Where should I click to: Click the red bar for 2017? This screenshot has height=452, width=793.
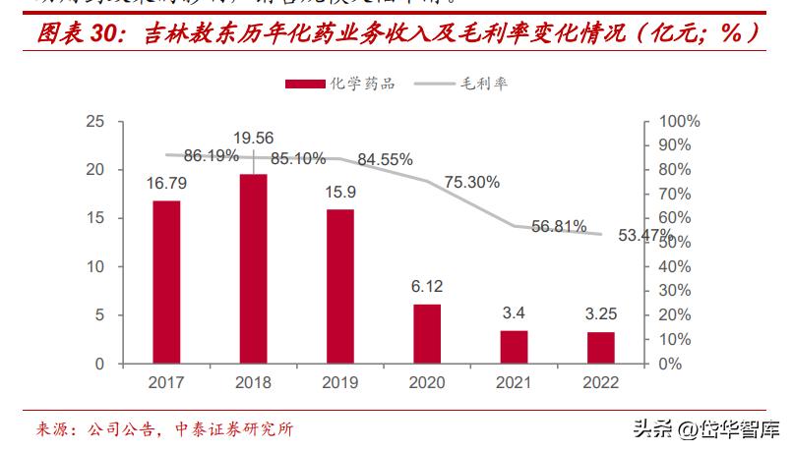[166, 282]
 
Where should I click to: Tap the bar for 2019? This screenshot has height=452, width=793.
[340, 286]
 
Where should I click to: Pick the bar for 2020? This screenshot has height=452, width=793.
[427, 334]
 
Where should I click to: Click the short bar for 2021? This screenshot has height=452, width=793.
[514, 347]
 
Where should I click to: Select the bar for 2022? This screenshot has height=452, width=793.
[600, 348]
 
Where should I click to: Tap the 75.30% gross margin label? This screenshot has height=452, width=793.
[471, 182]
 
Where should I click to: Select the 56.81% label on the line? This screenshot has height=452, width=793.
[558, 226]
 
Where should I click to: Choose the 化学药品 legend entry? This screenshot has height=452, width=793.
[340, 84]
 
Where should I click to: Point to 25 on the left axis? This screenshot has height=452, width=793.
[95, 122]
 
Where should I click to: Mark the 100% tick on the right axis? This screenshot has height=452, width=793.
[678, 122]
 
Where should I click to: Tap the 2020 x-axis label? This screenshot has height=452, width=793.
[427, 383]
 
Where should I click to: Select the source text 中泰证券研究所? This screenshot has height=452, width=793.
[234, 429]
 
